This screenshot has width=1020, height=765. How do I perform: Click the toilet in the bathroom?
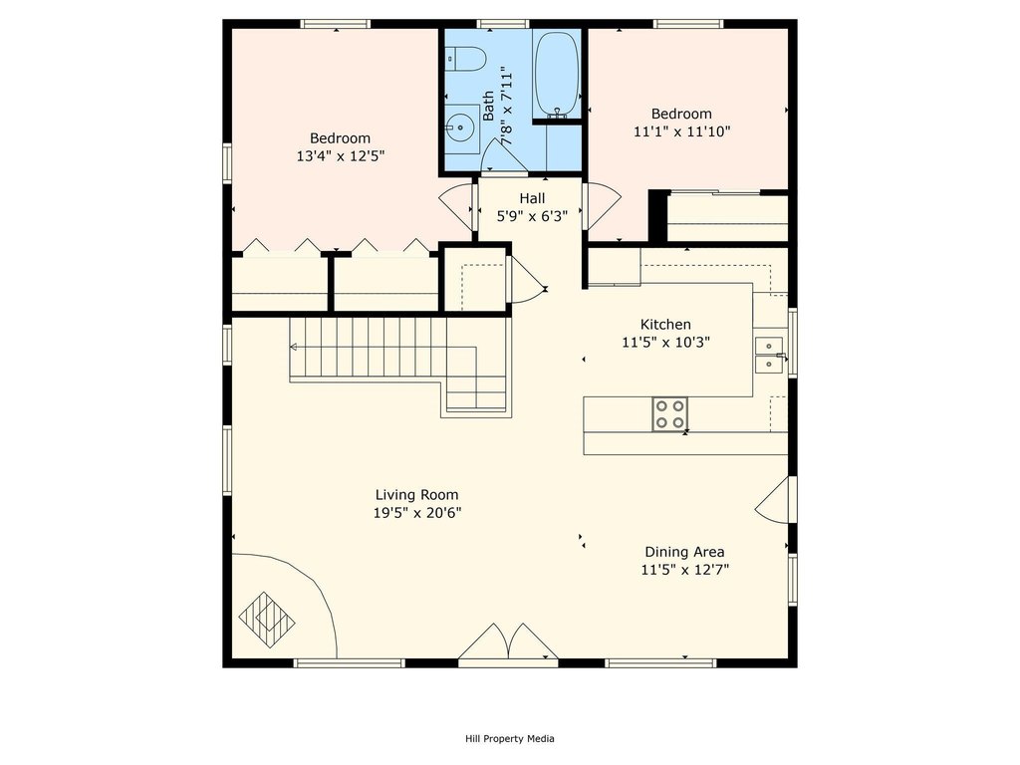(464, 58)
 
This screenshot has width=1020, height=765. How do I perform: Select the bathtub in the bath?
(556, 75)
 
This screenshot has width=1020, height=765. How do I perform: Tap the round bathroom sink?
(460, 127)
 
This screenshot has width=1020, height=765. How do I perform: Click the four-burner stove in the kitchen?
(669, 413)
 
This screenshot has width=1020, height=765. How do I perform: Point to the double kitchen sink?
(768, 355)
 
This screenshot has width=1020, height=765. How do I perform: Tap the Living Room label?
(416, 495)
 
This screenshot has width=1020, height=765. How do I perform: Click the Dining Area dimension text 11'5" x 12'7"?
(684, 571)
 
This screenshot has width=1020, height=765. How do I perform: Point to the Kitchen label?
(664, 325)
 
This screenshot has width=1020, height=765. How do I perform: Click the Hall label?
(532, 198)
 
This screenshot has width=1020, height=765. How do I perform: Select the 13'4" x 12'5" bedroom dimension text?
(340, 156)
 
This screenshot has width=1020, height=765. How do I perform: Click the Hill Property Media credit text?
(509, 739)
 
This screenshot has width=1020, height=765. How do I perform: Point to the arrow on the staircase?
(295, 347)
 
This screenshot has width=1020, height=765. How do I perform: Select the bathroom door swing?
(501, 156)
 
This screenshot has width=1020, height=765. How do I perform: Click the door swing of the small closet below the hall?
(525, 280)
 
